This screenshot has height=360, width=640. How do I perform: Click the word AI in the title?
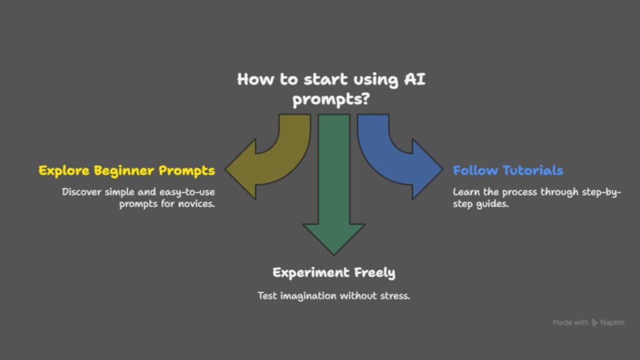point(415,79)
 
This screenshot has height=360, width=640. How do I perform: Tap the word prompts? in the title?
point(331,99)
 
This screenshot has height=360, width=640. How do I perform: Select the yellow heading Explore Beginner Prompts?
point(126,171)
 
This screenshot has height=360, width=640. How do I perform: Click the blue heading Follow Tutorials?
point(507,170)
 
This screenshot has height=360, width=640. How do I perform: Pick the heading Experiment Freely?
point(334,272)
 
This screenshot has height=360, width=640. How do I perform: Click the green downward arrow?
point(334,184)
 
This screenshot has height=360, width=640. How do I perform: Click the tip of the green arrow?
point(334,255)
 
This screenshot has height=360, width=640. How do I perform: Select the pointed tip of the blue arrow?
point(443,169)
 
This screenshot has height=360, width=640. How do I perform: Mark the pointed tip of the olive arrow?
point(225,169)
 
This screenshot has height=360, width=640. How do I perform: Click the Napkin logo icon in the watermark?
point(594,323)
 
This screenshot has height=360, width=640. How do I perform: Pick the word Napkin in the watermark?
point(612,322)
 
